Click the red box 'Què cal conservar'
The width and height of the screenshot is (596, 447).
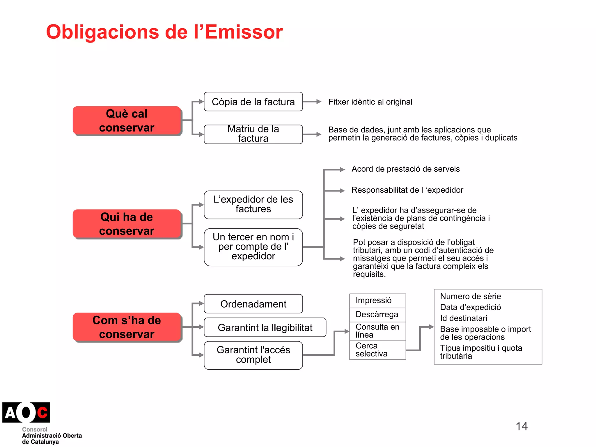127,120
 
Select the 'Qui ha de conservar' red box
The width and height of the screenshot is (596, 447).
127,224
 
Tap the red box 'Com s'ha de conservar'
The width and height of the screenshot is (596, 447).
127,327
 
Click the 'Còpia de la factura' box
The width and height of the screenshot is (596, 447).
253,102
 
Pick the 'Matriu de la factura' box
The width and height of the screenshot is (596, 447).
253,134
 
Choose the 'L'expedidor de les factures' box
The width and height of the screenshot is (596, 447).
253,205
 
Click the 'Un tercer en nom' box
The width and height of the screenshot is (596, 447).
253,247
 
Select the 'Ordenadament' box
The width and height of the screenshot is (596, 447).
253,304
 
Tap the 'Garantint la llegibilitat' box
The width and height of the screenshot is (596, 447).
265,327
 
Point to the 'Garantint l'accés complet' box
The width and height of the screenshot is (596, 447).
253,355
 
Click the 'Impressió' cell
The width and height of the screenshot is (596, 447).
377,301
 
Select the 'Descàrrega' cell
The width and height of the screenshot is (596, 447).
377,315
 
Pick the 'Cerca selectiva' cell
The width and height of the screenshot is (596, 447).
377,350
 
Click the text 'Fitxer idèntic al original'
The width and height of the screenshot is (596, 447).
370,102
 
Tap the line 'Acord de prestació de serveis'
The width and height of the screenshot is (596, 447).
405,169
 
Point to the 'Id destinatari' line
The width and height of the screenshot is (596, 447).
464,318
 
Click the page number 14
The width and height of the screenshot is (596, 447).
521,426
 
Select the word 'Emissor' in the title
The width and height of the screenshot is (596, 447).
244,32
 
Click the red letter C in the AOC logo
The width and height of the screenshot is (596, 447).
42,412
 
